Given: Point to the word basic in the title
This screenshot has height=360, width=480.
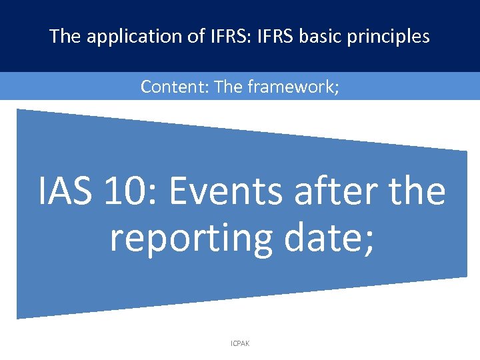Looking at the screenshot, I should pyautogui.click(x=311, y=36).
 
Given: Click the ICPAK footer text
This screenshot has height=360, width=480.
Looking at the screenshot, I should pyautogui.click(x=240, y=343).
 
